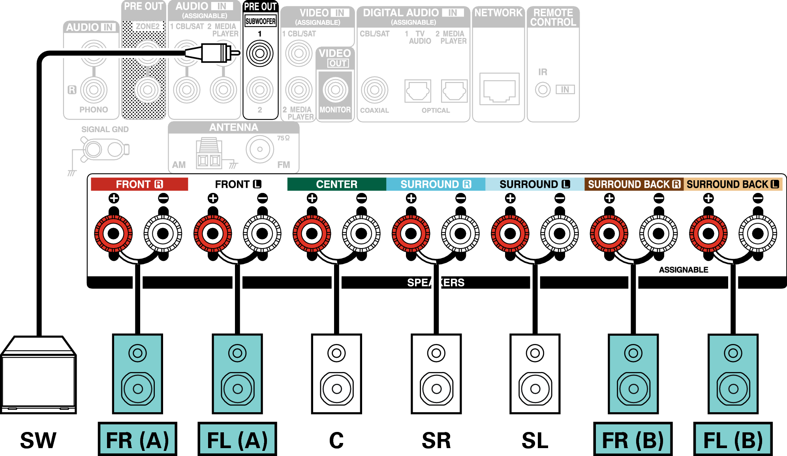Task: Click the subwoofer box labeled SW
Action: point(38,375)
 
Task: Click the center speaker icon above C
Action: point(336,374)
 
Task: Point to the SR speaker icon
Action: point(436,374)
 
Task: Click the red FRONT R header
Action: point(139,184)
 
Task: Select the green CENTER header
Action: point(336,184)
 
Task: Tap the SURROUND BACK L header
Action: point(733,184)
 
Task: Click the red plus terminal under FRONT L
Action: point(213,234)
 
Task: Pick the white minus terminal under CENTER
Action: point(361,234)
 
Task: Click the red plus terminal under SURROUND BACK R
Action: point(609,234)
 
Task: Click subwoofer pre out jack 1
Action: point(260,53)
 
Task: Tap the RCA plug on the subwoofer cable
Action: point(212,53)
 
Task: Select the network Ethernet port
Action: point(499,89)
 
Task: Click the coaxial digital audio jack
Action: point(374,90)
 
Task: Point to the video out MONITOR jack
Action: point(335,90)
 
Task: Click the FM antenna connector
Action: point(260,149)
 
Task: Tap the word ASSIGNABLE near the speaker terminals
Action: point(684,270)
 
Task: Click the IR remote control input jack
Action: point(543,90)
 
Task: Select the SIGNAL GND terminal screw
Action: point(94,150)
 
